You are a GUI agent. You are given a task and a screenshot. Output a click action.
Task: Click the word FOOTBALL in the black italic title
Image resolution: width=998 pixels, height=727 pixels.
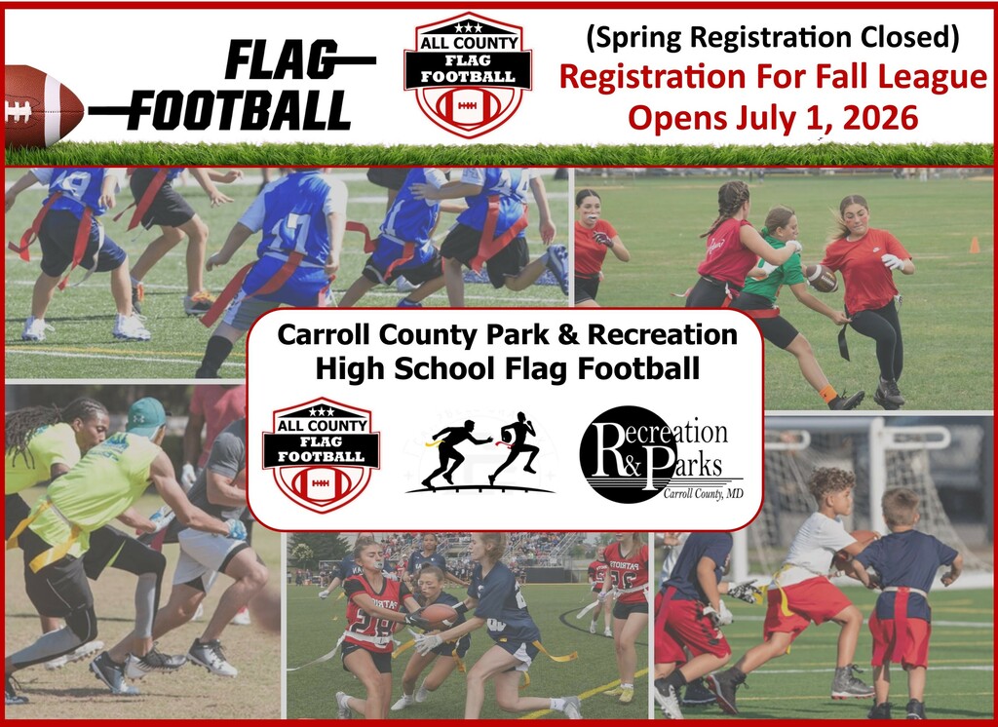243,110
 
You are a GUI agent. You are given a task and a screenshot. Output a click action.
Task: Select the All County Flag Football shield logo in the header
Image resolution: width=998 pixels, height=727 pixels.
468,74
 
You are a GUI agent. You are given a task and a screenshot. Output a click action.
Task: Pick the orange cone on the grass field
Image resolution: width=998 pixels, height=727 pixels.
975,245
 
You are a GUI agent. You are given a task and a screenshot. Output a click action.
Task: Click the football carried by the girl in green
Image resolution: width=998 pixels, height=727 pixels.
822,278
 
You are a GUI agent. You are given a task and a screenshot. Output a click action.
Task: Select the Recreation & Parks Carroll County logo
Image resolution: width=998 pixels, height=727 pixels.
662,454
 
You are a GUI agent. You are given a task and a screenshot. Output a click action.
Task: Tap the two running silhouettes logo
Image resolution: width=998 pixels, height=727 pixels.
480,452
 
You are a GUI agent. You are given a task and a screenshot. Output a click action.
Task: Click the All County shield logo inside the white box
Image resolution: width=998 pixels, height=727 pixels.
321,454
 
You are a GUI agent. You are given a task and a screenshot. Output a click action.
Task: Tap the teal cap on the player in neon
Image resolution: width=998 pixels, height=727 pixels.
146,416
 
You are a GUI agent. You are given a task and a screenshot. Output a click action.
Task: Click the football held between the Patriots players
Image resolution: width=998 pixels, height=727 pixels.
440,614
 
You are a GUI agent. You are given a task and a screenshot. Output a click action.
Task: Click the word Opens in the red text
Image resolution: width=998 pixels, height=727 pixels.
677,119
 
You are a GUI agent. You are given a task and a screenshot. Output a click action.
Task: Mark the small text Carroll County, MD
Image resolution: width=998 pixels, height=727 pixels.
704,494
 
